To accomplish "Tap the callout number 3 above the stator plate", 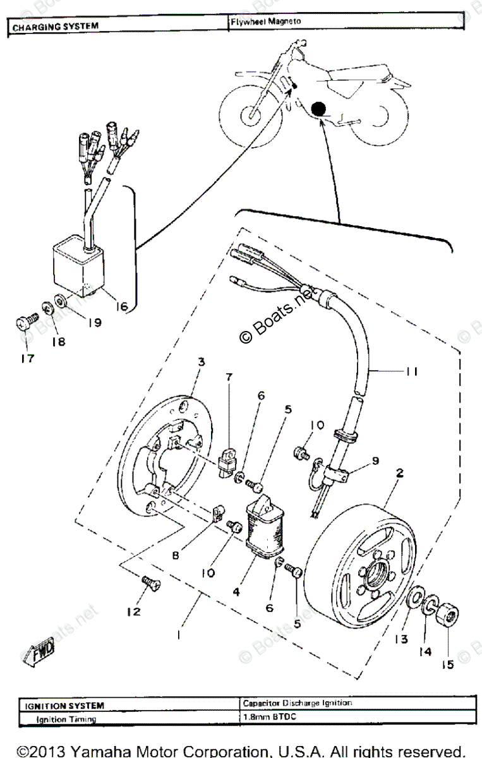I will tap(201, 361).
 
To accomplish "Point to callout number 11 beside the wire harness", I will tap(414, 372).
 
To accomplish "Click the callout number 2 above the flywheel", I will tap(400, 471).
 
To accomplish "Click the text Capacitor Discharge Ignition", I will tap(296, 702).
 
